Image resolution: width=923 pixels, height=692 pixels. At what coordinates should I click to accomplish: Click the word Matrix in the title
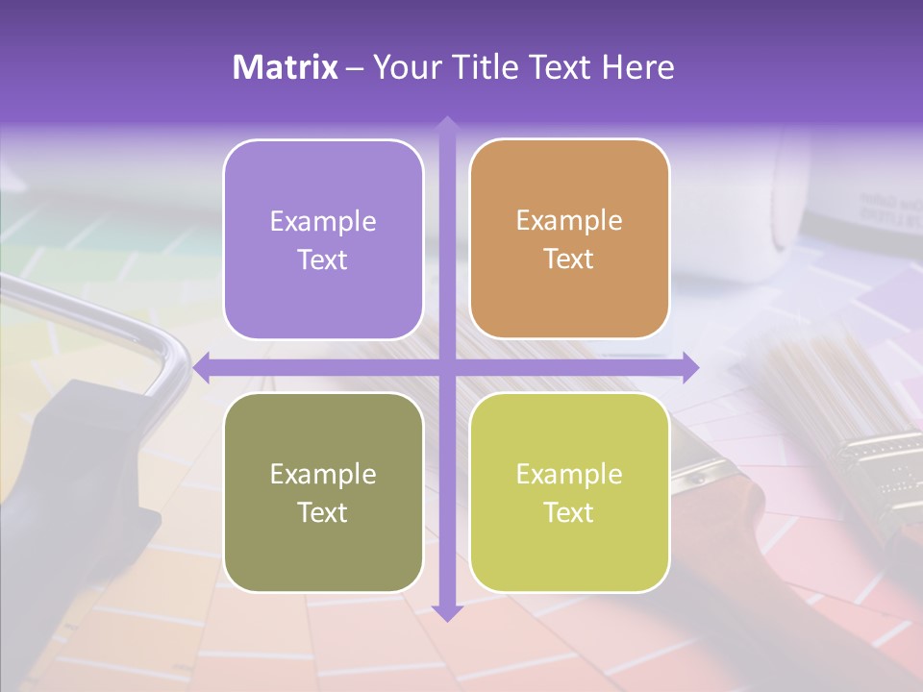(x=285, y=67)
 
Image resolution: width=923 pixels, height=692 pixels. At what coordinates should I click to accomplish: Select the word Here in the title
(x=637, y=67)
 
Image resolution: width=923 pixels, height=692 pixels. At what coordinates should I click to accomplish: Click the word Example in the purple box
(x=323, y=222)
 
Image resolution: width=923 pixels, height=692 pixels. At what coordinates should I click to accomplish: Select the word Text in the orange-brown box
(x=569, y=259)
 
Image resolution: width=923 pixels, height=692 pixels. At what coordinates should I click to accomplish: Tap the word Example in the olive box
(x=323, y=474)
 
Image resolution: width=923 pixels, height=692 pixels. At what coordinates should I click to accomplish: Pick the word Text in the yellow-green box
(x=569, y=512)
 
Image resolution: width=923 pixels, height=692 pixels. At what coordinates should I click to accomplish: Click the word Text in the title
(x=560, y=67)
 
